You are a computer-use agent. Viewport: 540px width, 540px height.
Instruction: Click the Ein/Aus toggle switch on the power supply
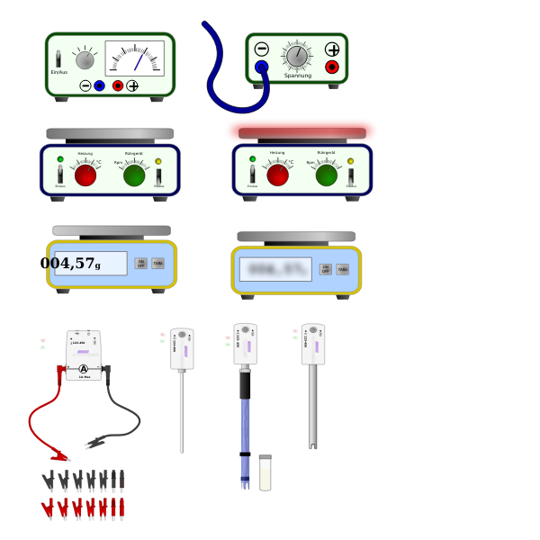58,59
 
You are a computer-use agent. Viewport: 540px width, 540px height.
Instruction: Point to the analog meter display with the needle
134,58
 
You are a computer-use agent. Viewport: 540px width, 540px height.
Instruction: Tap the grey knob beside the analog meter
85,60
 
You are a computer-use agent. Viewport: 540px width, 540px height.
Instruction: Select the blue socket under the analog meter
99,85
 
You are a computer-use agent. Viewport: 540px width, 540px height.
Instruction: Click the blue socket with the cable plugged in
261,67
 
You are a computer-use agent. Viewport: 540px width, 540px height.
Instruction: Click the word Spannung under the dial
297,76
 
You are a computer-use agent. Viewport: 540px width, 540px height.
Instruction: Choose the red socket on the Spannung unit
332,67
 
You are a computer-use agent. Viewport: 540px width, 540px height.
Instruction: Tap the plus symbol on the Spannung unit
332,49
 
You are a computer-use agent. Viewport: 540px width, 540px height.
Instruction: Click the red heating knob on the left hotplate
85,175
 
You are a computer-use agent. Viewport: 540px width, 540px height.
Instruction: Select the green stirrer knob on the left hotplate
134,175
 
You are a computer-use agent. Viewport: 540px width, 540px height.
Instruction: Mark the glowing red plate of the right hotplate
301,131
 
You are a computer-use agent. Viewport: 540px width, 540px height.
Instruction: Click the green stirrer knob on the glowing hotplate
327,175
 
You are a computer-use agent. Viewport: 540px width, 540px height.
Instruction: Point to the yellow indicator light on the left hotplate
158,161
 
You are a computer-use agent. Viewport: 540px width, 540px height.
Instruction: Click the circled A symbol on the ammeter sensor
84,369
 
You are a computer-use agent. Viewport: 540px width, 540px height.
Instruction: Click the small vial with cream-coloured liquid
265,473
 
